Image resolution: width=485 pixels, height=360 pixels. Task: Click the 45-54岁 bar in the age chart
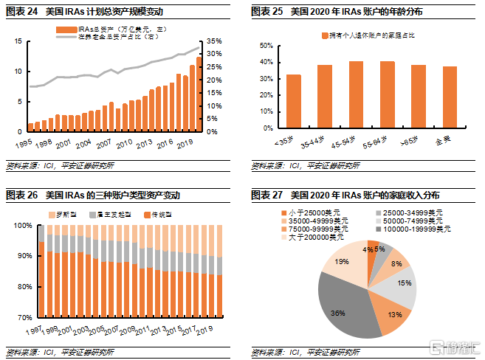(x=356, y=96)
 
